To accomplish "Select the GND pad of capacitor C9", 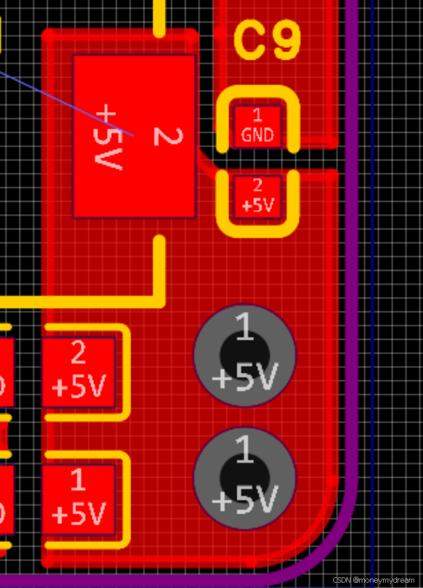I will pos(257,127).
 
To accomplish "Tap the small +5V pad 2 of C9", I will pos(257,196).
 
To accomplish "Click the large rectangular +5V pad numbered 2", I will pos(134,136).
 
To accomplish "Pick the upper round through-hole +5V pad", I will pos(244,355).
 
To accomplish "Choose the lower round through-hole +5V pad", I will pos(244,478).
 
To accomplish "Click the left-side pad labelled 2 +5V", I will pos(78,372).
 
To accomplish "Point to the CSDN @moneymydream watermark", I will pos(374,580).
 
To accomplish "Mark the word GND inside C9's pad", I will pos(257,135).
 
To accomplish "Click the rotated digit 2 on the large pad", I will pos(167,136).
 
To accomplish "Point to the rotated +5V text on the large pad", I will pos(108,136).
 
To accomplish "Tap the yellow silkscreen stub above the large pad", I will pos(159,18).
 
